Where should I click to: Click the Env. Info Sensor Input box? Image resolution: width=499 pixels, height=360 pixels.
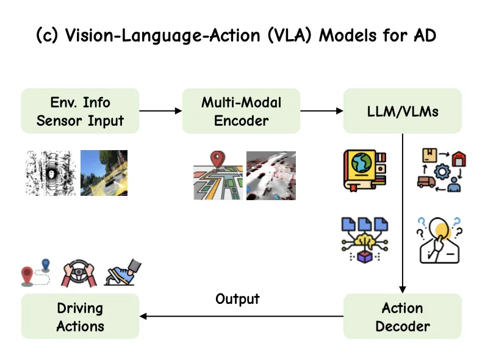[80, 111]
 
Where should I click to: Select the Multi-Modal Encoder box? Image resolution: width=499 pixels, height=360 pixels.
[241, 111]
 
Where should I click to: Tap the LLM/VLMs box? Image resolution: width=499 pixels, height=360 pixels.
[402, 111]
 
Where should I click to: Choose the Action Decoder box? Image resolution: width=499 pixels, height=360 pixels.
[402, 317]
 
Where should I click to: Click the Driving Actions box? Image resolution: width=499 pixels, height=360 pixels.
[80, 317]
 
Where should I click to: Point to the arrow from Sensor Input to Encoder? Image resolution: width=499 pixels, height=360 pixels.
[160, 111]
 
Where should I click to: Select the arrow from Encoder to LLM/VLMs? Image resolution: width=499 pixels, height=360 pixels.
[321, 111]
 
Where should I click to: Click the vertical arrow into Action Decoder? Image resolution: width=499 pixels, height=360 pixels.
[403, 214]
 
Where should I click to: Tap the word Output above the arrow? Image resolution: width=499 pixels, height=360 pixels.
[237, 299]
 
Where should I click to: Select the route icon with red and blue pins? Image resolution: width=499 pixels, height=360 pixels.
[35, 272]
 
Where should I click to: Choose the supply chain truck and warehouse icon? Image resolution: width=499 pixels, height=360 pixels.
[440, 169]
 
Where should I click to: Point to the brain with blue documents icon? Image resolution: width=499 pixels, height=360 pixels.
[364, 240]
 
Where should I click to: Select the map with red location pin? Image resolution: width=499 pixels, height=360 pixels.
[217, 176]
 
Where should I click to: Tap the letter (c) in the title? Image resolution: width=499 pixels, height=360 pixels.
[48, 35]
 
